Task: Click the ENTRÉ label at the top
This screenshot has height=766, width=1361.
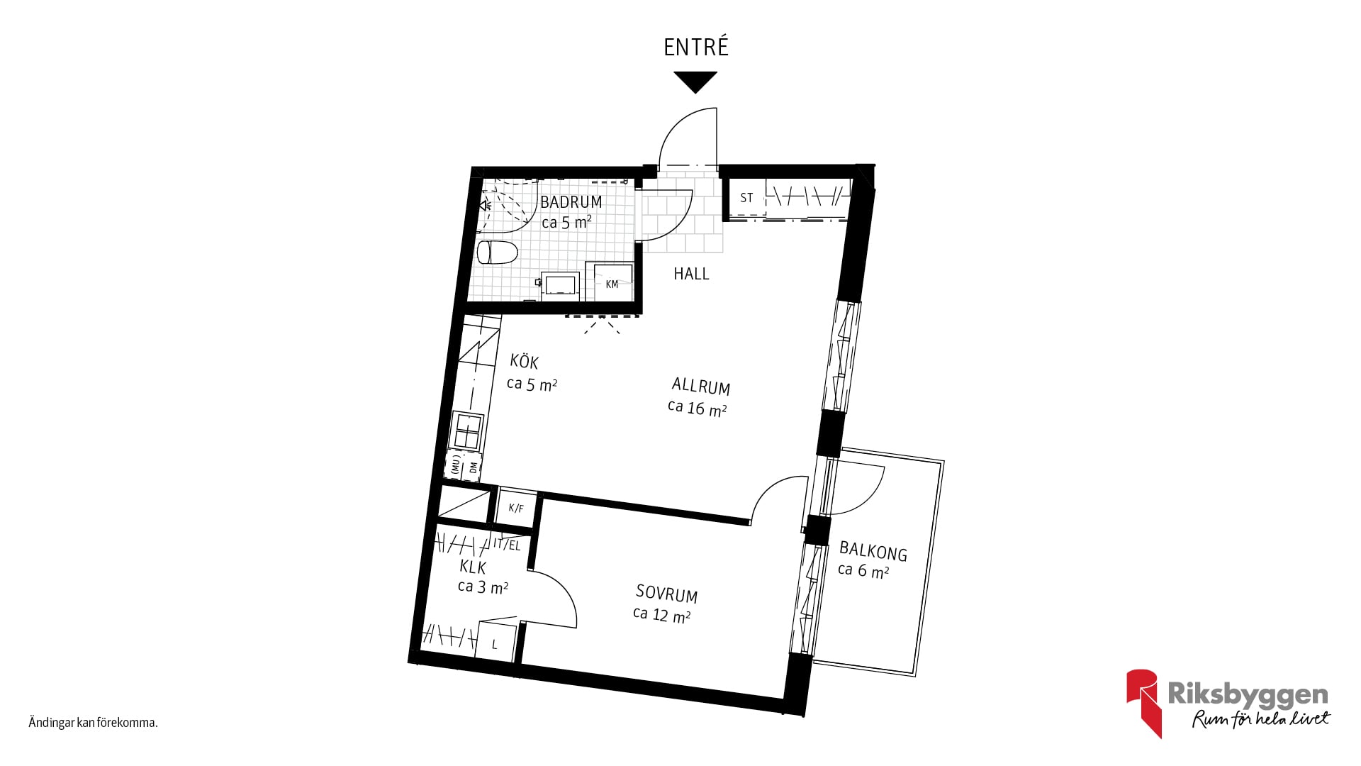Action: click(x=696, y=47)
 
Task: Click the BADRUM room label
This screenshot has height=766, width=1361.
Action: click(x=571, y=202)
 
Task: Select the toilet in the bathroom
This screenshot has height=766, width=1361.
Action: click(x=497, y=252)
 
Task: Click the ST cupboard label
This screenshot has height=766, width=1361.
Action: click(x=746, y=198)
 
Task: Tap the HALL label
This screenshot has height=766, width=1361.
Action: click(x=691, y=274)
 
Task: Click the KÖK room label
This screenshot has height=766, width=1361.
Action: click(x=525, y=362)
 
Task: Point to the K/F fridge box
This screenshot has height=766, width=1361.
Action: click(x=516, y=508)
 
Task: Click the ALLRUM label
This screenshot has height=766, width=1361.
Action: click(x=701, y=386)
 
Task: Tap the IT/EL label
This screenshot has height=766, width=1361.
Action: click(x=508, y=545)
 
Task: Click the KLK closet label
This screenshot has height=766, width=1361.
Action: click(x=473, y=567)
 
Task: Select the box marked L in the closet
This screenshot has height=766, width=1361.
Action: click(x=496, y=642)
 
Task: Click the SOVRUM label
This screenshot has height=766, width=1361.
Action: click(x=666, y=593)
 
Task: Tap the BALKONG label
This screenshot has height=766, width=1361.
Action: click(x=873, y=550)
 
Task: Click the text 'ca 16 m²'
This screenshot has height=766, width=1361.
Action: click(x=698, y=408)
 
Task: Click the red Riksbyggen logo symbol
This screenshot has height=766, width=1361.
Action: click(x=1144, y=703)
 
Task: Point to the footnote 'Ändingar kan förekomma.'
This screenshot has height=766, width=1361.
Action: click(x=93, y=723)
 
